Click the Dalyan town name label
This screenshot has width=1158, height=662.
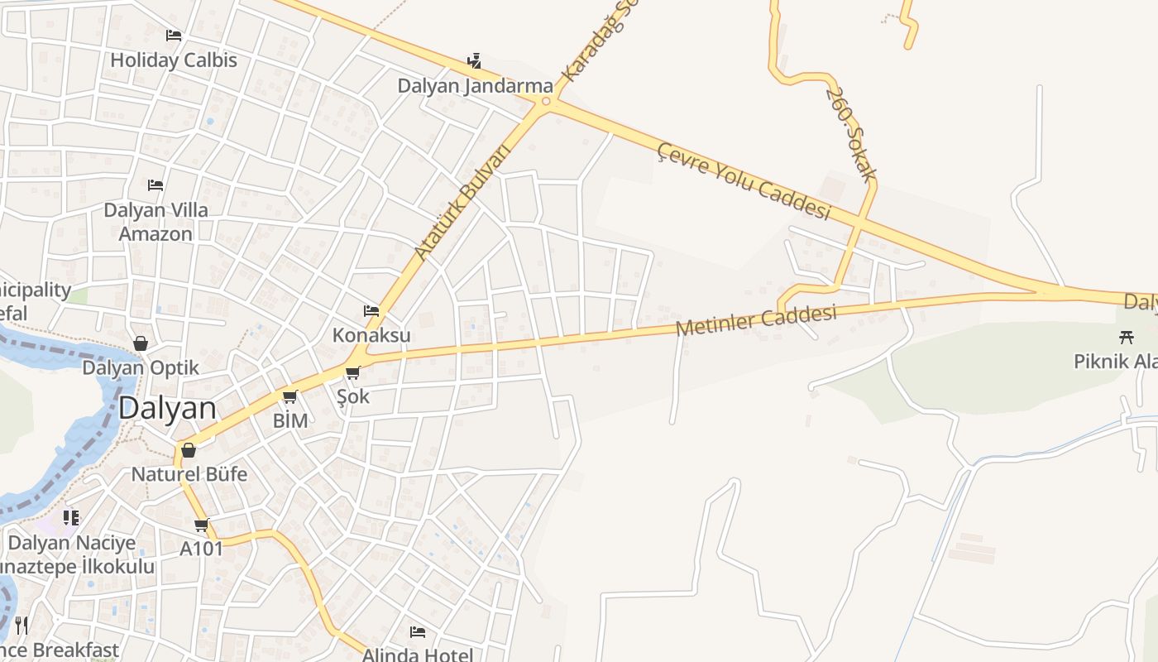(x=167, y=408)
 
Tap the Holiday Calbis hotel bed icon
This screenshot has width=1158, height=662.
(x=174, y=36)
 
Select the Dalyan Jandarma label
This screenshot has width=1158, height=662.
(x=475, y=86)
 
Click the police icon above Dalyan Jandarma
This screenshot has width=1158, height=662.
(x=474, y=60)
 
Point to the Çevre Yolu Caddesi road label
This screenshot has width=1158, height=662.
(x=743, y=180)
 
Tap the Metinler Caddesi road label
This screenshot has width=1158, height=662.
(x=755, y=320)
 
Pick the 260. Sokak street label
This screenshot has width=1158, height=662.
(x=851, y=133)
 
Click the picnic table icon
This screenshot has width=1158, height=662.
(x=1126, y=337)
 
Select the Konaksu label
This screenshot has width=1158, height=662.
(x=371, y=335)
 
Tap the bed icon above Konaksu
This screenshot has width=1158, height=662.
(x=371, y=311)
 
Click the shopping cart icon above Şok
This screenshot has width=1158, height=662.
(x=353, y=372)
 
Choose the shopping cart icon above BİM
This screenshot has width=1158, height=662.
(x=289, y=397)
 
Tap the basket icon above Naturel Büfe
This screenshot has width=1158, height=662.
(x=189, y=450)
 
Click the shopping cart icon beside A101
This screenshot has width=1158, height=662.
(x=202, y=525)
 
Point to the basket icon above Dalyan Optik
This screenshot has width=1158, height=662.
(x=141, y=343)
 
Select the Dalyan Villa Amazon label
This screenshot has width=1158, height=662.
(x=156, y=222)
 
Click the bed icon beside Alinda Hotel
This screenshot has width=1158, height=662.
(x=418, y=632)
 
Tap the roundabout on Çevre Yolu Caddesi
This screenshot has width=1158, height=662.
(x=545, y=103)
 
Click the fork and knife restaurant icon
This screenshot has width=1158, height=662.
(x=22, y=625)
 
